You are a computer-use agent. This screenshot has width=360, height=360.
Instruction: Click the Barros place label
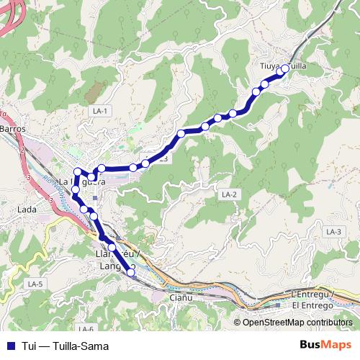pos(14,128)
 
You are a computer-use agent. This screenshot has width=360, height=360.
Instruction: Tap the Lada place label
pos(27,210)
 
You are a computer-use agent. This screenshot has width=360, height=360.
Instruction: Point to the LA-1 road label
pos(99,111)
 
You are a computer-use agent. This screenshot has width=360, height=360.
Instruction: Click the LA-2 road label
pos(229,194)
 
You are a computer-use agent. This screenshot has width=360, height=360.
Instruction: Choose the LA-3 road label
pos(332,231)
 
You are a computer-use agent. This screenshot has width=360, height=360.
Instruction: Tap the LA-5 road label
pos(35,284)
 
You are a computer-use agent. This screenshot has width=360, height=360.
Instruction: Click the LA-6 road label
pos(87,329)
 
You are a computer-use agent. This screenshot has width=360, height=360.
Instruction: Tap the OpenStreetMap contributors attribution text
pos(297,323)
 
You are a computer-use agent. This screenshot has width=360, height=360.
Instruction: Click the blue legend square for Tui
pos(9,346)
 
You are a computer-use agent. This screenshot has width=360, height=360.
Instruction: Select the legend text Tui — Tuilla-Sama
pos(65,346)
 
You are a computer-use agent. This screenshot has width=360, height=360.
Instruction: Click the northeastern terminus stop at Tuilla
pos(284,68)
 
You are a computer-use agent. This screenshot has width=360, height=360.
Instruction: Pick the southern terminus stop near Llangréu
pos(131,272)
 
